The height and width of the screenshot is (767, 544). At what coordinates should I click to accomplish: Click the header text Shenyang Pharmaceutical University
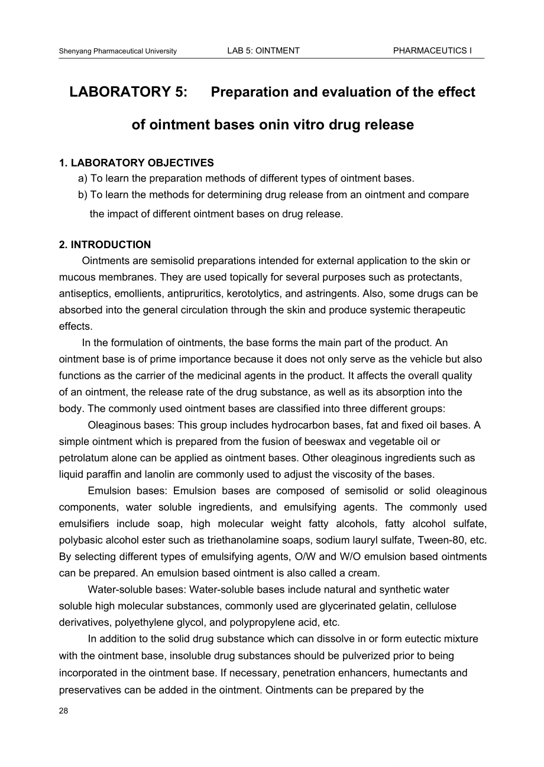(x=118, y=51)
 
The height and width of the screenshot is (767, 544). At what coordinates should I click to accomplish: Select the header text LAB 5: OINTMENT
(x=263, y=51)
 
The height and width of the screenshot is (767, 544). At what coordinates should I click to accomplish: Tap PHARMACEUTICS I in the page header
(x=432, y=51)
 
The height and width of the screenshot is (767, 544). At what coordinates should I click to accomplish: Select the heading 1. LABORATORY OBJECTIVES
(x=136, y=162)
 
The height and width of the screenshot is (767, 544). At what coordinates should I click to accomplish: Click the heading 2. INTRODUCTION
(x=105, y=245)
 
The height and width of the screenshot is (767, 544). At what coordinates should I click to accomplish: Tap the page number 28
(x=64, y=711)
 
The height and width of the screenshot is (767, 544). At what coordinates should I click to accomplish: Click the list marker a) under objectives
(x=83, y=178)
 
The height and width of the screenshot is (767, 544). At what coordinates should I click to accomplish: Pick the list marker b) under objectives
(x=83, y=194)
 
